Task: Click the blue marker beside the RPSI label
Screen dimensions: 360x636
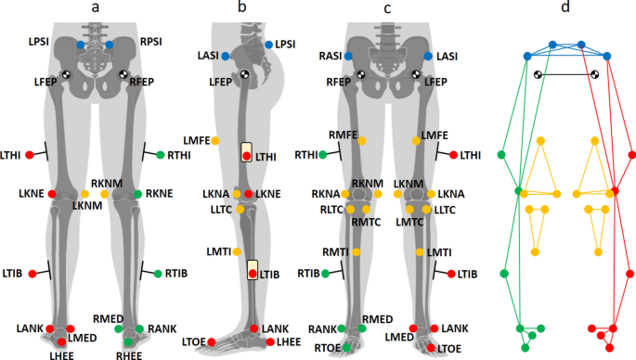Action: point(110,45)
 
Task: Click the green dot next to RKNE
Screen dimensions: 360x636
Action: point(137,194)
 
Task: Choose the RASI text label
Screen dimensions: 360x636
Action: point(329,57)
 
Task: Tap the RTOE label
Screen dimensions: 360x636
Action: point(325,347)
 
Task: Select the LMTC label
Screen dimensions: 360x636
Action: point(410,222)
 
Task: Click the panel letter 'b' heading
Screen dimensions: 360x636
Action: point(242,9)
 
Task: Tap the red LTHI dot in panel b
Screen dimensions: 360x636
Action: point(246,157)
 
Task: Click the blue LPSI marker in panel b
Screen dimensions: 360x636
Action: point(269,45)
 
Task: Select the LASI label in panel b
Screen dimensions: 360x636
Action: point(209,57)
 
